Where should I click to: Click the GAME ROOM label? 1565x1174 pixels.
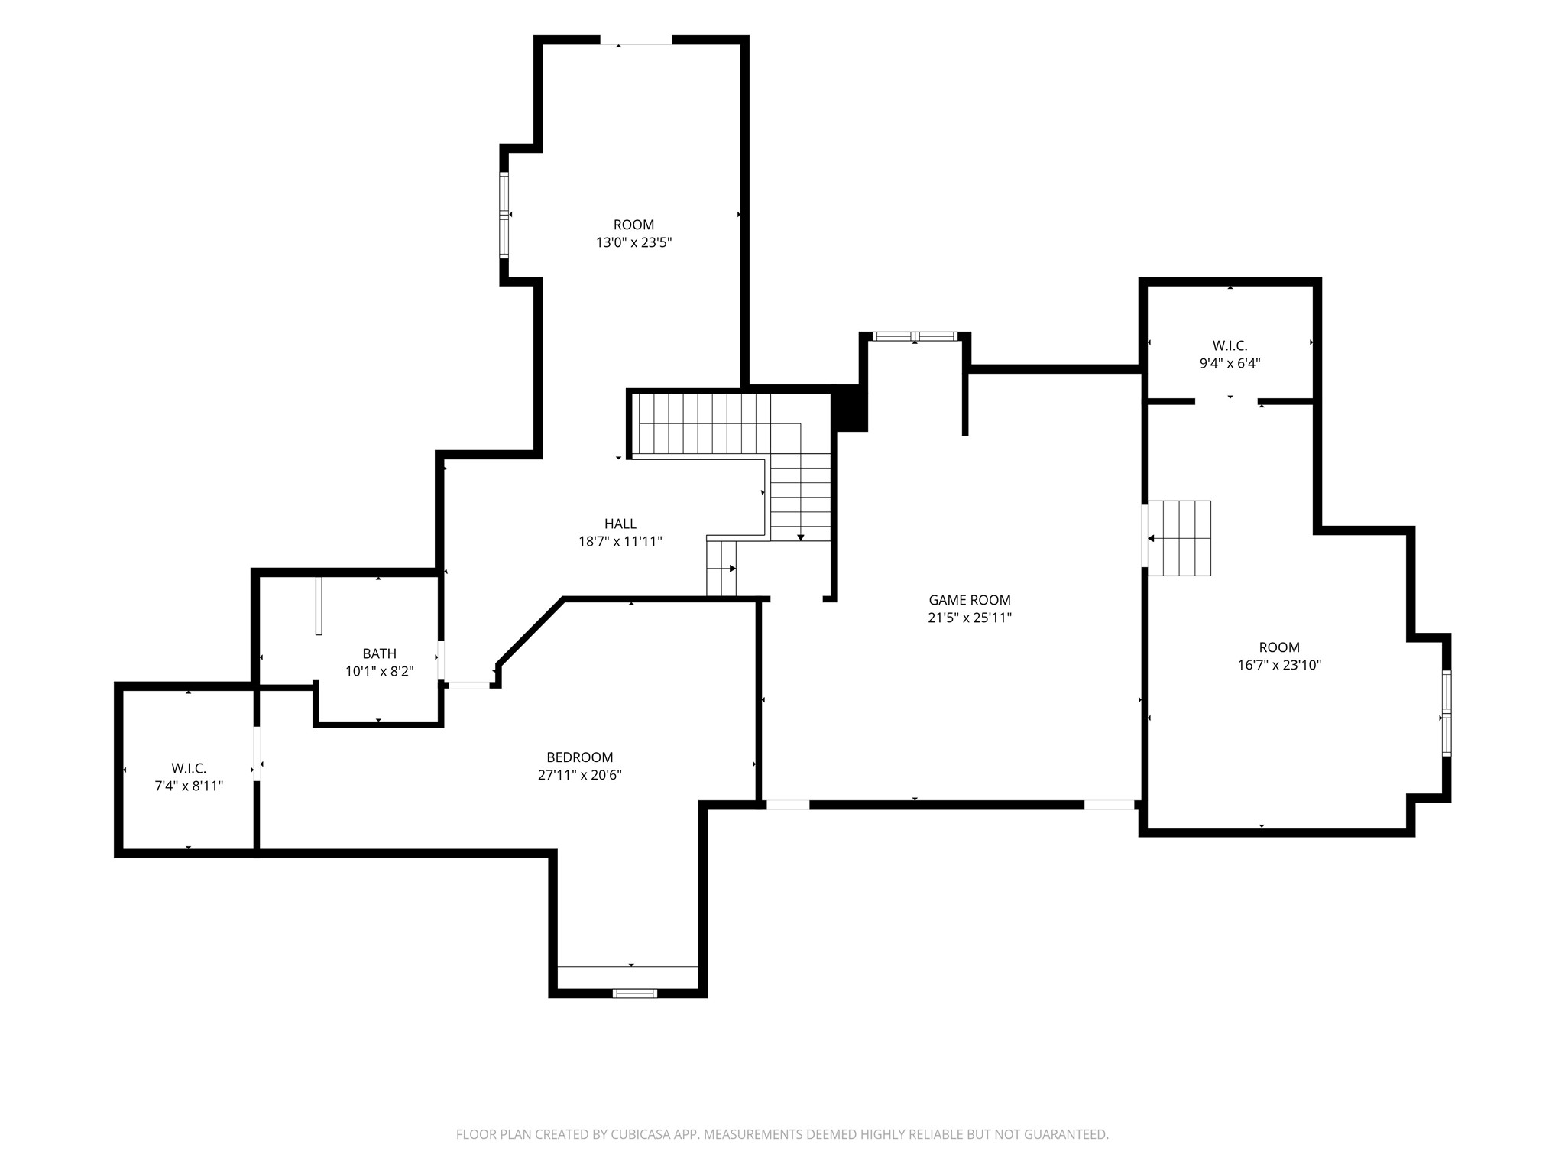click(970, 600)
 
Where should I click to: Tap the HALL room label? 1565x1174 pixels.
click(620, 524)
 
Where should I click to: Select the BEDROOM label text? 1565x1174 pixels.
click(580, 757)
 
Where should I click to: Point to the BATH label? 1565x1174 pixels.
click(380, 653)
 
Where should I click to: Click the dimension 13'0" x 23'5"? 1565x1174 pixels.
click(634, 243)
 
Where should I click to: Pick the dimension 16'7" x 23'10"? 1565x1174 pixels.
click(1280, 665)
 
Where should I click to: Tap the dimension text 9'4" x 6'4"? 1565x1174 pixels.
click(1230, 364)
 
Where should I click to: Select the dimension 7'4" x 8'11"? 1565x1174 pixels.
click(189, 786)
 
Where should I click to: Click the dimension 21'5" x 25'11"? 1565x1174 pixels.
click(970, 618)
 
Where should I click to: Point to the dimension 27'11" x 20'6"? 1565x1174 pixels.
click(580, 775)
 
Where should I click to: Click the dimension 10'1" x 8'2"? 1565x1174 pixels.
click(380, 671)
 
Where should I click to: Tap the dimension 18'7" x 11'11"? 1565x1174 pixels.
click(620, 541)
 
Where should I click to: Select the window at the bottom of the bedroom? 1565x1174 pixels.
click(634, 994)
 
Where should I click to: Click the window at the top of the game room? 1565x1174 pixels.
click(915, 336)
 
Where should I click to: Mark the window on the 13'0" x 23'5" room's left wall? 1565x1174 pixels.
click(504, 215)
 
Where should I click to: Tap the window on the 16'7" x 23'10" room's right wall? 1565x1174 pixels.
click(1447, 714)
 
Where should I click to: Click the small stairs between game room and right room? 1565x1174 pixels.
click(1179, 538)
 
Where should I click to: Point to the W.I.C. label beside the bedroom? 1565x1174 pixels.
click(189, 768)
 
